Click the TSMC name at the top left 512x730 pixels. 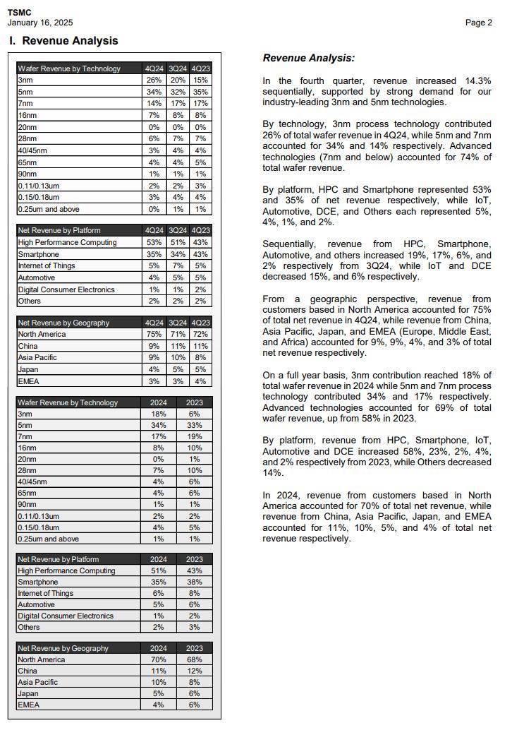pos(19,13)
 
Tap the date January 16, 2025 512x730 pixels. pos(39,23)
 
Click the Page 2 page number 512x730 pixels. pos(478,23)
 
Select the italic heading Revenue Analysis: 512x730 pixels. pos(308,58)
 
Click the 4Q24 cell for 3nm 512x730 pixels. pos(153,80)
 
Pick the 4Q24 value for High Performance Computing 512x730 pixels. pos(153,242)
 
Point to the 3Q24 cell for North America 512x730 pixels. pos(177,334)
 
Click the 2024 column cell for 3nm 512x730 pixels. pos(158,414)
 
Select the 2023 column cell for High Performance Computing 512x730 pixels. pos(194,570)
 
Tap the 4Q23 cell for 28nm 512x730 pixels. pos(200,139)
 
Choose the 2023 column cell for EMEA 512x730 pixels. pos(194,705)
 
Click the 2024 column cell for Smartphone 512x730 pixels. pos(158,582)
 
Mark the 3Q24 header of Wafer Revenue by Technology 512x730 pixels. pos(177,68)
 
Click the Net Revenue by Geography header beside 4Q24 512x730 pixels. pos(63,323)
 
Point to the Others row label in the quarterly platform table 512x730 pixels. pos(29,301)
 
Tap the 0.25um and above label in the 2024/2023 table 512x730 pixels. pos(48,539)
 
